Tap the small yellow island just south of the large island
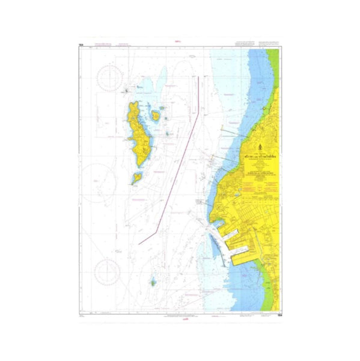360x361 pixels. click(x=137, y=177)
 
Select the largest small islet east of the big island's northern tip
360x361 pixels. click(x=156, y=115)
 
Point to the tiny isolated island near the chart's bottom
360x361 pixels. click(x=153, y=281)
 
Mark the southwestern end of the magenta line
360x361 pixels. click(x=139, y=244)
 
